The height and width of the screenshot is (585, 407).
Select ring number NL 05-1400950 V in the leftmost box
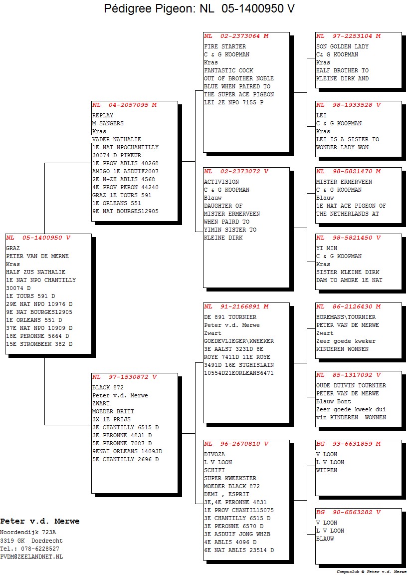coord(38,238)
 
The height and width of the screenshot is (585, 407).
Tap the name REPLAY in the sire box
coord(103,115)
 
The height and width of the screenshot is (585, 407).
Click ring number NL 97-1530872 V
coord(125,377)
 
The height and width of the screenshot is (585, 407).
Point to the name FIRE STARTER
coord(225,46)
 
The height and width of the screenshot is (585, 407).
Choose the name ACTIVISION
coord(221,182)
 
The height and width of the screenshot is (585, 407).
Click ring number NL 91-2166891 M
coord(236,306)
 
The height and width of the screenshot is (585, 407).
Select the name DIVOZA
coord(214,454)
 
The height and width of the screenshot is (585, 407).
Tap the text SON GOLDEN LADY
coord(342,46)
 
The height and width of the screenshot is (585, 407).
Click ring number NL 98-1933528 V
coord(349,105)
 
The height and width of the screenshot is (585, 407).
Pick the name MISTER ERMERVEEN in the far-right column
coord(344,182)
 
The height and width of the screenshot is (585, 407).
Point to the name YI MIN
coord(327,248)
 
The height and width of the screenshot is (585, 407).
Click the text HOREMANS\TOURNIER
coord(346,317)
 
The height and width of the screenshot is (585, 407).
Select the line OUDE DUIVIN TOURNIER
coord(351,385)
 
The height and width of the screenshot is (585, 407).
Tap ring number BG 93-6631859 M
coord(349,444)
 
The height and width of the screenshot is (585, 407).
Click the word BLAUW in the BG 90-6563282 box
coord(325,539)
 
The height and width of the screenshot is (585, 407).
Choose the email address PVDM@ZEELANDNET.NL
coord(31,557)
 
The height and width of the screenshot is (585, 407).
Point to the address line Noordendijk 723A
coord(28,533)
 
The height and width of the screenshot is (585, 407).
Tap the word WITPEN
coord(327,471)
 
